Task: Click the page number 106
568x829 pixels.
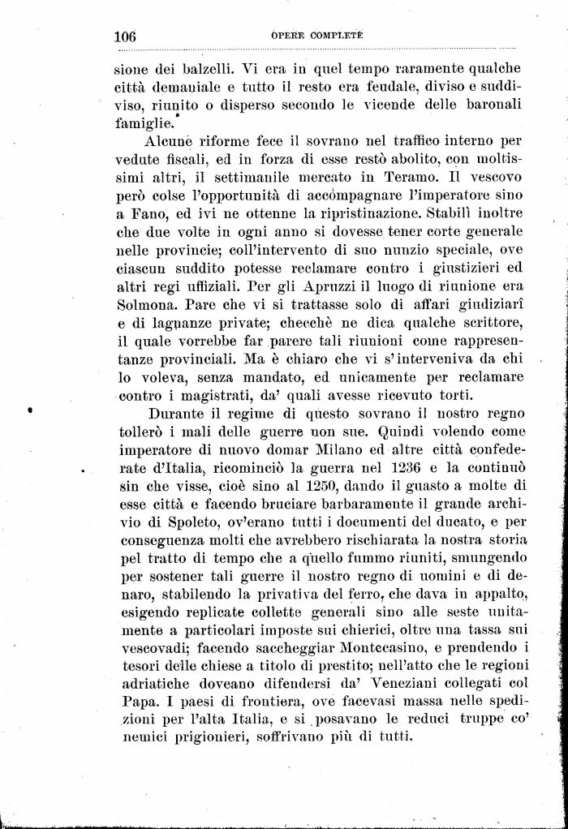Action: pyautogui.click(x=125, y=37)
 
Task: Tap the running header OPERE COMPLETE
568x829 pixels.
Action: pyautogui.click(x=316, y=37)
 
